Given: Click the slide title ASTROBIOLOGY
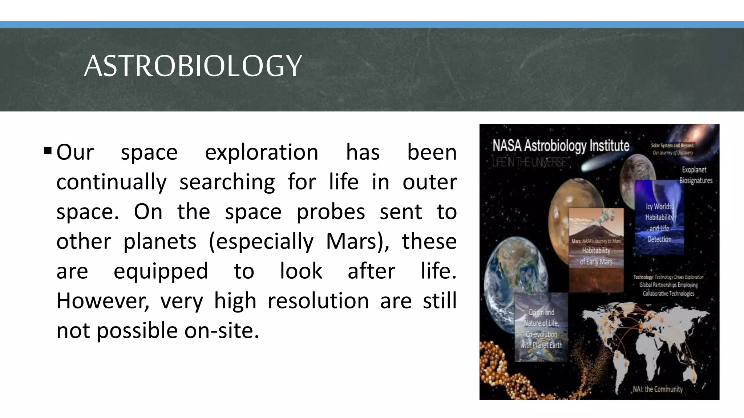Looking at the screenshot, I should [x=193, y=66].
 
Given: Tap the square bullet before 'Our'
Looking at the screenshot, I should [x=48, y=150].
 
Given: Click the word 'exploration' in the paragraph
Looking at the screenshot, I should [x=261, y=152].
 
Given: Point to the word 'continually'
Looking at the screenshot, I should [x=112, y=182].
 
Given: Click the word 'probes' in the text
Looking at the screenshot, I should [x=331, y=212].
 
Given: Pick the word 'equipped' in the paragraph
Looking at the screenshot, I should [x=161, y=271].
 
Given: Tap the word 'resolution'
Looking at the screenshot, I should [x=318, y=301].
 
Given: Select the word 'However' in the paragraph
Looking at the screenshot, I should [x=102, y=301].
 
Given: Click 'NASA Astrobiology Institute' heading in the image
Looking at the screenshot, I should [x=561, y=146].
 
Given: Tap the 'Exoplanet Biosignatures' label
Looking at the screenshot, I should [x=696, y=175].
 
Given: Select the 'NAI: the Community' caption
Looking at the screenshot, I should [x=658, y=389].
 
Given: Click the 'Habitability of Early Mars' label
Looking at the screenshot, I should [x=596, y=256].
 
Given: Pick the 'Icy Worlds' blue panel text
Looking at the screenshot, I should [x=659, y=222].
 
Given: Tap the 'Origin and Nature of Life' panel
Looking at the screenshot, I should [x=541, y=328].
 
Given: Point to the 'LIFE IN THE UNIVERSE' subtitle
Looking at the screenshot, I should [x=529, y=162].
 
